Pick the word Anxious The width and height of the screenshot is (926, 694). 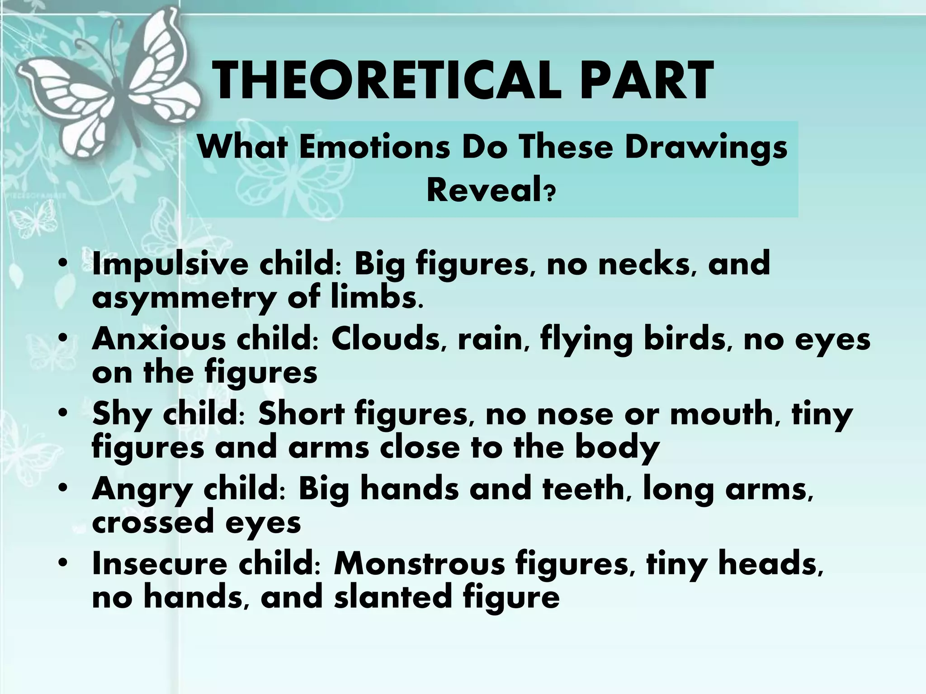(158, 339)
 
